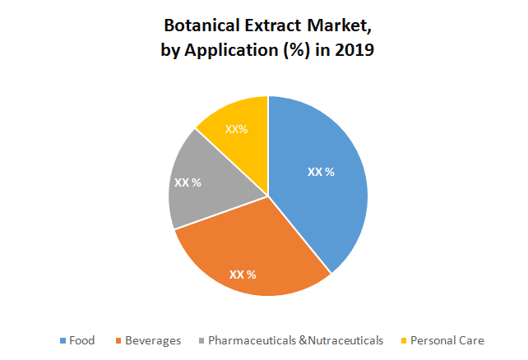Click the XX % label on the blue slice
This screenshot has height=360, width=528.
click(x=321, y=172)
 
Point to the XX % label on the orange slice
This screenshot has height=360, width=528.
click(x=243, y=274)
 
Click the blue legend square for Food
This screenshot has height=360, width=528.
click(x=63, y=340)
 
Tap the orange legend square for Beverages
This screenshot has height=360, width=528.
click(x=119, y=340)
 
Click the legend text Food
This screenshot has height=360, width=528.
click(x=82, y=340)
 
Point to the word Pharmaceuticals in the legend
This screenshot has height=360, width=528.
click(x=251, y=340)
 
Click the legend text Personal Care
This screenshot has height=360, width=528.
click(x=447, y=340)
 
